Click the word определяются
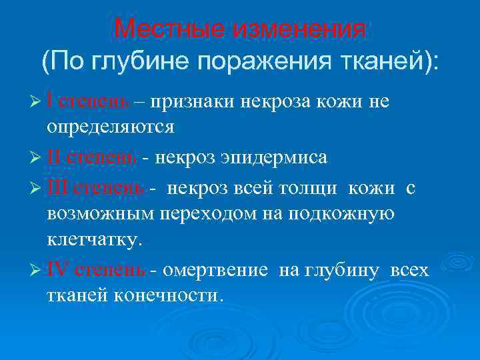[x=111, y=127]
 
